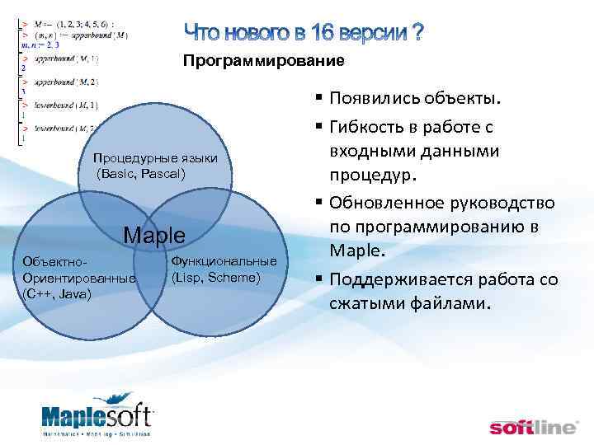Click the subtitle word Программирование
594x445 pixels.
tap(262, 61)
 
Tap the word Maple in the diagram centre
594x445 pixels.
tap(154, 235)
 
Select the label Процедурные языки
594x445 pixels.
tap(155, 158)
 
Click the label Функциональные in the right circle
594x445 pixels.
tap(223, 261)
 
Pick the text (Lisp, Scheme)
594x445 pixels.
tap(216, 276)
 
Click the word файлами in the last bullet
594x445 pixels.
tap(451, 303)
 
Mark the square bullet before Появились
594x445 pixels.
tap(318, 101)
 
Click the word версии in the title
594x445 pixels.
tap(371, 33)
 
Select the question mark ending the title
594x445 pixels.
tap(417, 33)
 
